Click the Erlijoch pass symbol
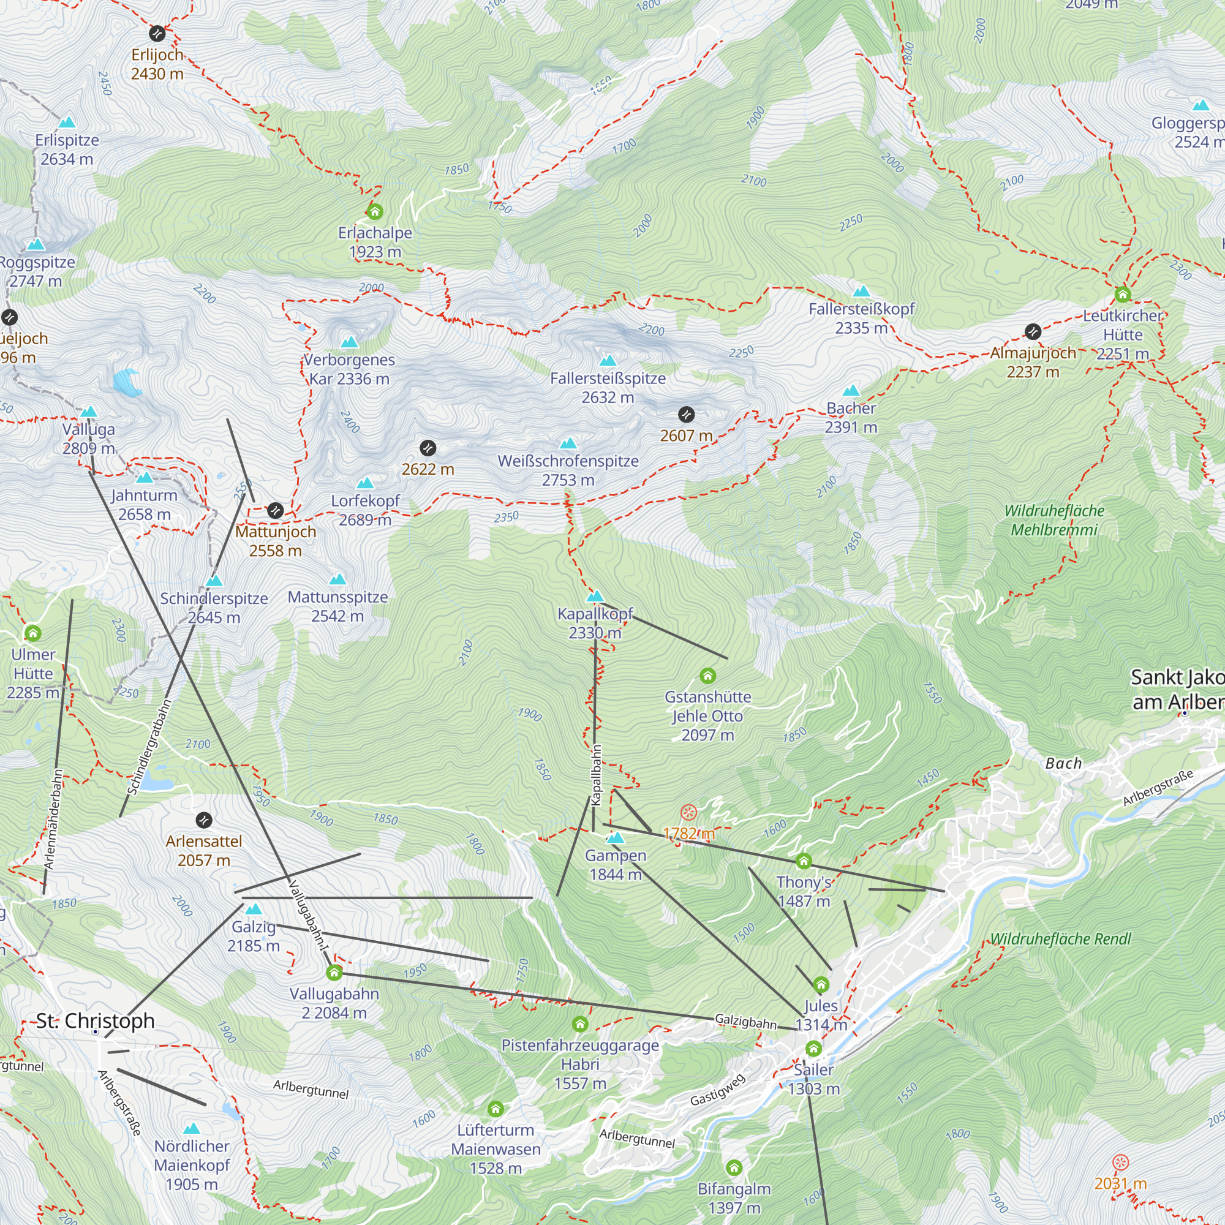(x=157, y=33)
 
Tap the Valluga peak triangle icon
(x=89, y=412)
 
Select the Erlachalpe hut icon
(x=375, y=211)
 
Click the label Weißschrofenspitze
(x=568, y=461)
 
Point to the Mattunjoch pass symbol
(x=275, y=510)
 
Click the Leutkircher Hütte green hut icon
(x=1122, y=294)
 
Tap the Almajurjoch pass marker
(x=1033, y=331)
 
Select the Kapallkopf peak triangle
(x=595, y=596)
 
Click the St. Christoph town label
(x=95, y=1021)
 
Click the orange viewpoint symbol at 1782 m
(x=688, y=812)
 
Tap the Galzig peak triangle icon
(x=254, y=909)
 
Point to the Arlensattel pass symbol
(x=203, y=820)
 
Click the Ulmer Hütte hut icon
(x=33, y=633)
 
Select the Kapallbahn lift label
(x=596, y=775)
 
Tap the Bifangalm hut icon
(x=734, y=1167)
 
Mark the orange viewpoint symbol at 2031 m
(x=1120, y=1163)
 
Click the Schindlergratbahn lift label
(x=149, y=747)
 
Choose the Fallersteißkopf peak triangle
(x=861, y=292)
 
